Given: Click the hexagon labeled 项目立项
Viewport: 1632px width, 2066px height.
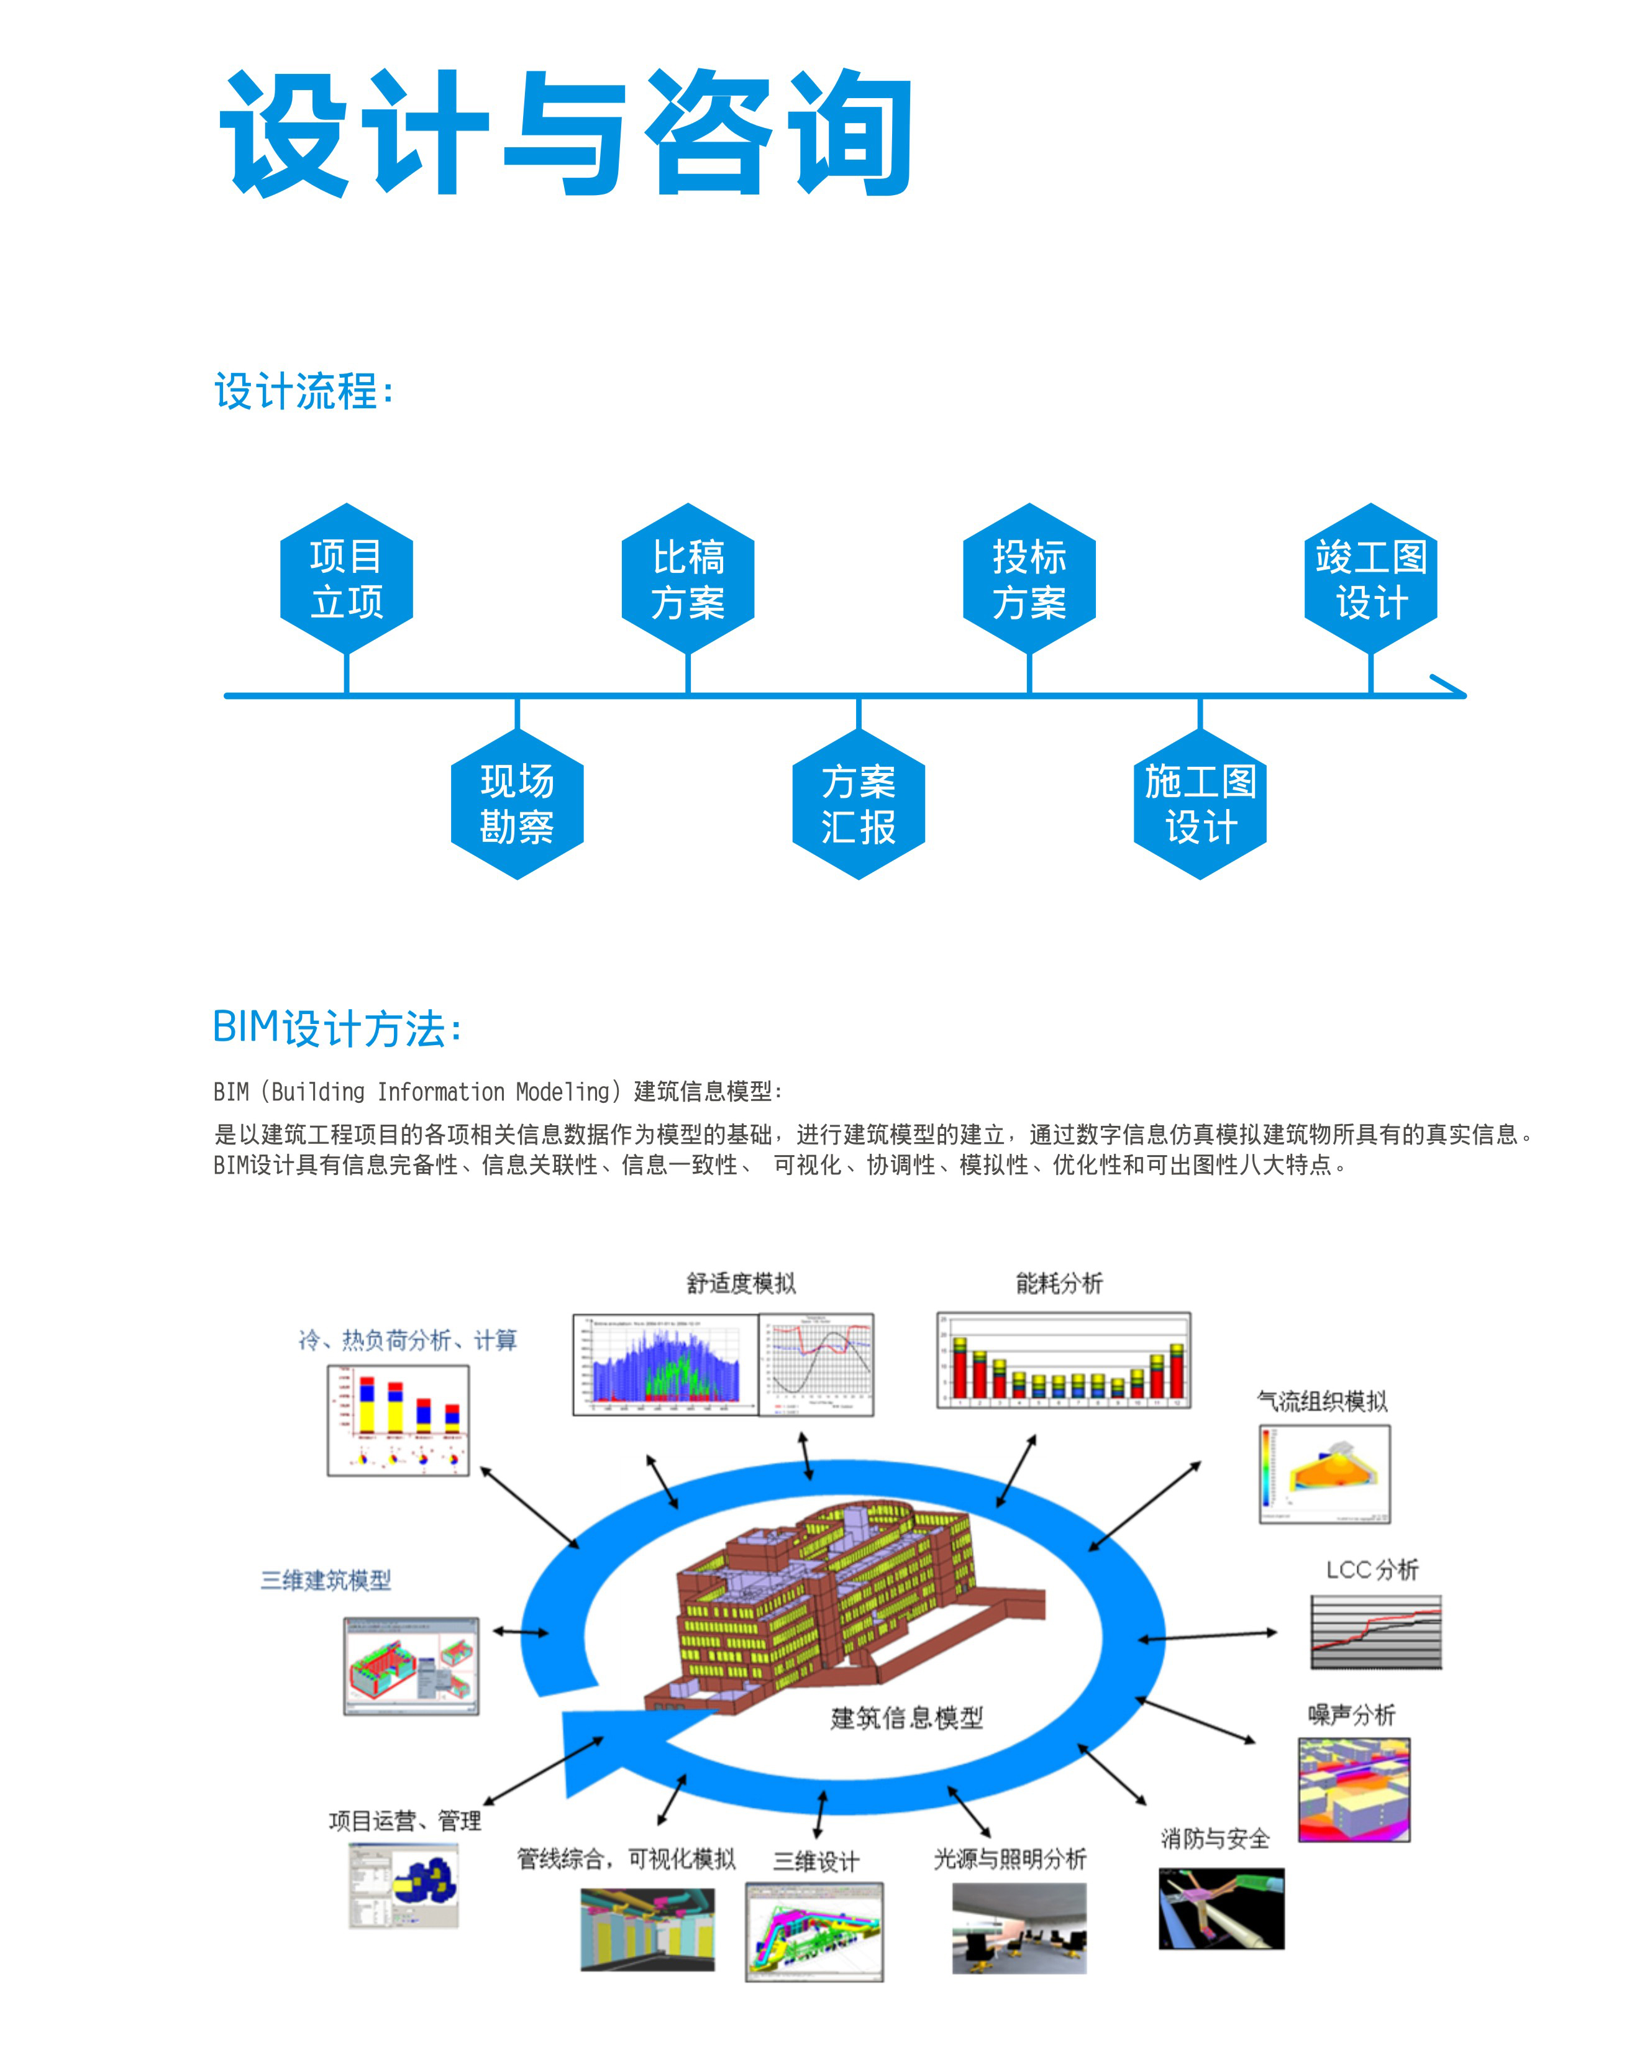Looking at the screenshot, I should click(346, 579).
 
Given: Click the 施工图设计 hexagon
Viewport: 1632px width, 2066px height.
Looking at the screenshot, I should click(1200, 805).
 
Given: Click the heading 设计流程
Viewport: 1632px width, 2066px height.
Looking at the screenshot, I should click(304, 392).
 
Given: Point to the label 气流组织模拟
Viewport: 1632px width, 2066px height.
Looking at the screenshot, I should click(1323, 1402).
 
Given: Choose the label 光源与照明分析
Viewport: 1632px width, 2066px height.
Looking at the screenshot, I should click(1010, 1858).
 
